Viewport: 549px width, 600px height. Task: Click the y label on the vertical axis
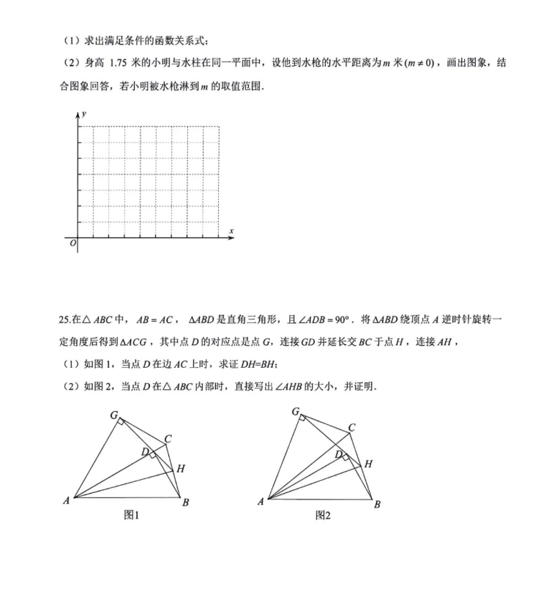tap(86, 114)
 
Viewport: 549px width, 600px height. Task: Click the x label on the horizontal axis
tap(231, 232)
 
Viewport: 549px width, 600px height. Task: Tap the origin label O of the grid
tap(72, 244)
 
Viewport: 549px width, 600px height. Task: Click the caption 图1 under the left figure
tap(132, 516)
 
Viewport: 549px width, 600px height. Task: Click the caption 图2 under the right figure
tap(323, 516)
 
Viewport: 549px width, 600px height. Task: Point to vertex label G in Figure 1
tap(114, 415)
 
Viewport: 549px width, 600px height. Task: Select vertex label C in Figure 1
tap(168, 439)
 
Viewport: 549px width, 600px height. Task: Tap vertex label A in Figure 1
tap(67, 501)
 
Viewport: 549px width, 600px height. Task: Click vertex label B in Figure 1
tap(186, 503)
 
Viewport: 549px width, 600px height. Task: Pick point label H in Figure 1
tap(180, 468)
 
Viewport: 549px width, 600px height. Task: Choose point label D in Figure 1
tap(146, 451)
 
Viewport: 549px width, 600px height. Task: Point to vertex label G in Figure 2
tap(295, 412)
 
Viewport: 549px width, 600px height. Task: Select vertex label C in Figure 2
tap(352, 428)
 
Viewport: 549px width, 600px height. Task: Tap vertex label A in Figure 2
tap(261, 502)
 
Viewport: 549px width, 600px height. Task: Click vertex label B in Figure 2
tap(377, 504)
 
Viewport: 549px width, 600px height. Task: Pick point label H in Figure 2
tap(368, 464)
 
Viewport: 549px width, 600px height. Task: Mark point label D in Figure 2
tap(338, 455)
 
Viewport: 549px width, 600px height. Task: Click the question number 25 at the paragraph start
tap(64, 320)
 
